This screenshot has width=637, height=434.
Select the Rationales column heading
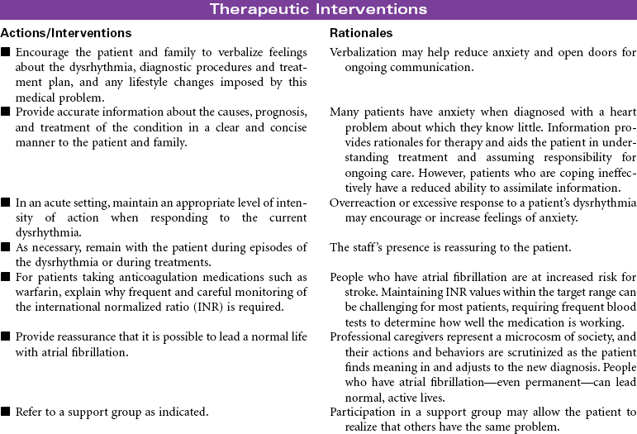click(360, 33)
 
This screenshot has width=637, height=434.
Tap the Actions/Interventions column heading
click(66, 33)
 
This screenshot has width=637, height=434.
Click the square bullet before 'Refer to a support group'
click(6, 411)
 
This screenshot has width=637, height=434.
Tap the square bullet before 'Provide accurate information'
click(6, 110)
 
